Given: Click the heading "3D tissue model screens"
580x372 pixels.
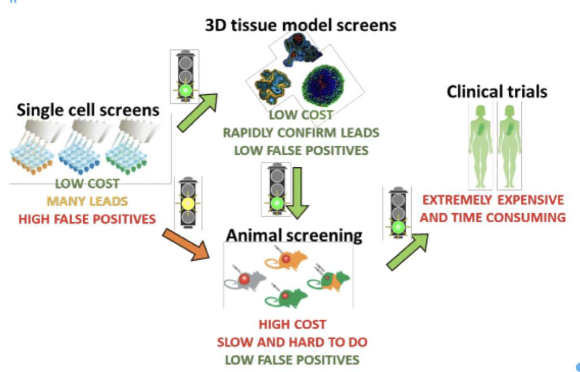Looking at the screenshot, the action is click(300, 25).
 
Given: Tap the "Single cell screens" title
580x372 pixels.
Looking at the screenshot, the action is click(88, 110).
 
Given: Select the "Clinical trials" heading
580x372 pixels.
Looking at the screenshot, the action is click(497, 91).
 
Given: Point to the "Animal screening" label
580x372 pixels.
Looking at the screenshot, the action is click(294, 235).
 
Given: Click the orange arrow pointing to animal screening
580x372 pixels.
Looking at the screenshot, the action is click(186, 244).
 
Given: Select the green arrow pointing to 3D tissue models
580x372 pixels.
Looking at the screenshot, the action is click(197, 112).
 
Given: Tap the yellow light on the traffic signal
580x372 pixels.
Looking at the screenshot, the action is click(188, 204).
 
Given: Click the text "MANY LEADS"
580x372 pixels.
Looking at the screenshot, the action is click(87, 201).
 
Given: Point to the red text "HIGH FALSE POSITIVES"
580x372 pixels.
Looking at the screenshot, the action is click(87, 219).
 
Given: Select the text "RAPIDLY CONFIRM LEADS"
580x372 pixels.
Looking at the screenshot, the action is click(301, 133).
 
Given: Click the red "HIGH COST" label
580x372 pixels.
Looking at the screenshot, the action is click(292, 324).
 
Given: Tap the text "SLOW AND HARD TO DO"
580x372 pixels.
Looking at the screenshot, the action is click(292, 342).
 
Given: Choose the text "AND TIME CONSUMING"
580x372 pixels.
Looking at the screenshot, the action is click(493, 218).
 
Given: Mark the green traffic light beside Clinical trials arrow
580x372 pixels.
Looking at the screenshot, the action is click(398, 227).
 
